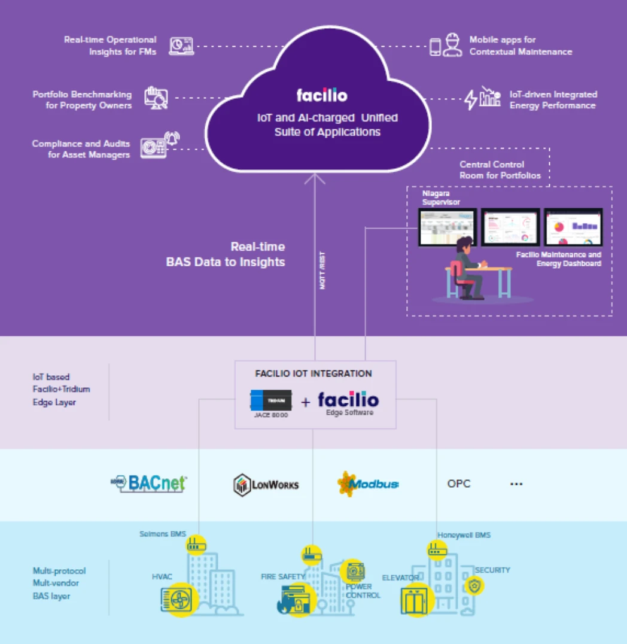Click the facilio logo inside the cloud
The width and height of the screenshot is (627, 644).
click(321, 95)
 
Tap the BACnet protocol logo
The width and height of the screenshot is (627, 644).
click(150, 483)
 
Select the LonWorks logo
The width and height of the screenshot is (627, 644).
click(266, 484)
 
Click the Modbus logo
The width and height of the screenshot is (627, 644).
click(367, 484)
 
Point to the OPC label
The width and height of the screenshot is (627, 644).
click(459, 484)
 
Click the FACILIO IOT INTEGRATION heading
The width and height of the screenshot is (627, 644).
click(313, 373)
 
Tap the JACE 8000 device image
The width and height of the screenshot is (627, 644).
click(271, 400)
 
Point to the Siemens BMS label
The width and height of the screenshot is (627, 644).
click(163, 534)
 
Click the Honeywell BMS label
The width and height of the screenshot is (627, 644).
click(464, 535)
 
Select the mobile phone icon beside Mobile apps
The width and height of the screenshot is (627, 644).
click(436, 46)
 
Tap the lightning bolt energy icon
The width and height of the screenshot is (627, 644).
click(471, 99)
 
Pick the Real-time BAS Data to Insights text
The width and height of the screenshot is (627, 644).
click(226, 254)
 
